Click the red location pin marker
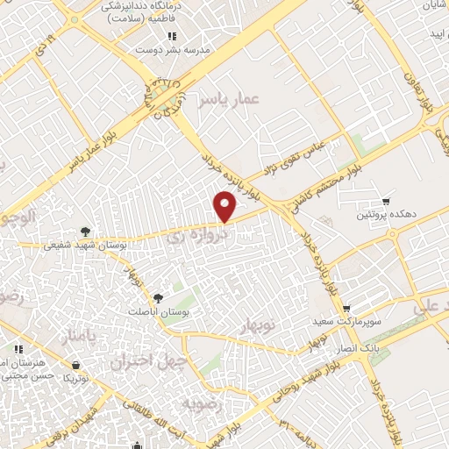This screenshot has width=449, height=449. [x=224, y=206]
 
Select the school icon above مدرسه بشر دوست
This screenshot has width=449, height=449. [x=172, y=36]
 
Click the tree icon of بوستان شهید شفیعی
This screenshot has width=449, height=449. [x=84, y=232]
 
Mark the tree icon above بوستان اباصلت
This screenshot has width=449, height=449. [x=158, y=297]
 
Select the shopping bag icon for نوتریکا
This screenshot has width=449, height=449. [x=76, y=365]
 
